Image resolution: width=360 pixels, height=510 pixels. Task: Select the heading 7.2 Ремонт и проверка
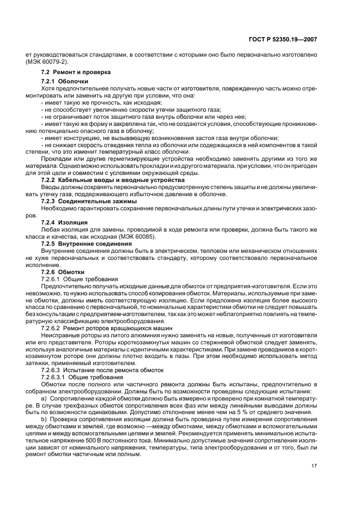[76, 72]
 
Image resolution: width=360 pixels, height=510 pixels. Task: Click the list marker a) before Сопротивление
[44, 399]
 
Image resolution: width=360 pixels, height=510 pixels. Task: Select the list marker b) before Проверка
[44, 420]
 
